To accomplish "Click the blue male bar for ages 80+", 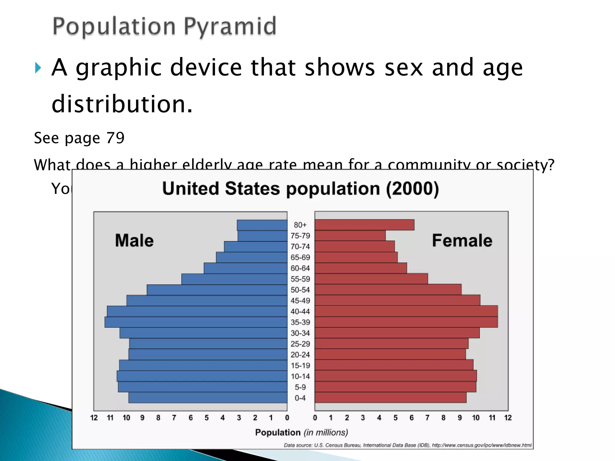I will point(262,225).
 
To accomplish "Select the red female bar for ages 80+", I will point(365,225).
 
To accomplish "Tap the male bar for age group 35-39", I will point(196,322).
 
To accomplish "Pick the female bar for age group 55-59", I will point(371,279).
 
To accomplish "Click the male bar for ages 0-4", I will point(208,398).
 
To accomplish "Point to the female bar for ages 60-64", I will point(361,268).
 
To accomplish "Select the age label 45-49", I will point(300,301).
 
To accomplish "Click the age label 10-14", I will point(300,376).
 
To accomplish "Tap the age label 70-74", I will point(300,247).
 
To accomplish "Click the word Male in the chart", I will point(134,241).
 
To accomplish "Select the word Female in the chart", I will point(462,241).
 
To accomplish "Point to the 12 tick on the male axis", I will point(94,418).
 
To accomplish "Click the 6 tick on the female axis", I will point(411,418).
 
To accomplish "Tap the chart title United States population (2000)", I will point(301,189).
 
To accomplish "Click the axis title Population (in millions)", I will point(301,432).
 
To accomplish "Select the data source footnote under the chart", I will point(407,445).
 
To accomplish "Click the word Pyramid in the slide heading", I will point(230,26).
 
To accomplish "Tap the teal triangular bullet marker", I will point(38,68).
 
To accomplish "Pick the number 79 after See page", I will point(115,138).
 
